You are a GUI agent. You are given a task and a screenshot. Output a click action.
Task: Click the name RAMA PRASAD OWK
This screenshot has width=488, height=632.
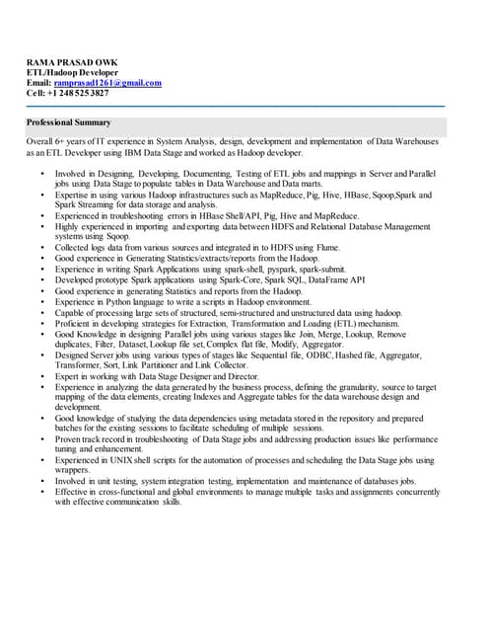coord(68,62)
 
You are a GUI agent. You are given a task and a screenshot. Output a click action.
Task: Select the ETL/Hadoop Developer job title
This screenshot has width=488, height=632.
coord(72,73)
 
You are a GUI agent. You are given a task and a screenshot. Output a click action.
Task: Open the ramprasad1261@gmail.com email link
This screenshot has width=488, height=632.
coord(107,83)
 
